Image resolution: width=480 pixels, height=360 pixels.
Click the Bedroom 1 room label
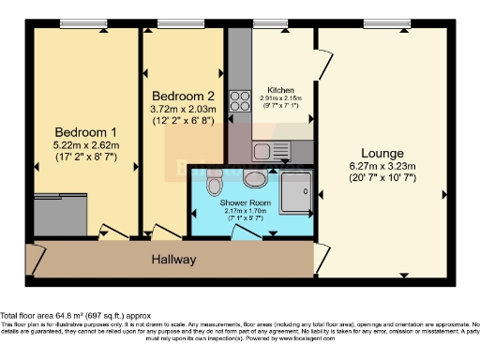click(85, 131)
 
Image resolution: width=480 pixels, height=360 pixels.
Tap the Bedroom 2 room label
click(184, 96)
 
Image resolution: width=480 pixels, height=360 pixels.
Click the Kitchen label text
click(281, 89)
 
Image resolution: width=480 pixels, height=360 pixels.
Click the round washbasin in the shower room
click(254, 177)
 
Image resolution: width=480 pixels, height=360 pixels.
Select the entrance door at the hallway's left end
click(37, 257)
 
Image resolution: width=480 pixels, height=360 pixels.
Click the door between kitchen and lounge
click(322, 64)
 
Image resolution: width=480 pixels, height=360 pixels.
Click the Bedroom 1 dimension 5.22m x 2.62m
click(85, 145)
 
